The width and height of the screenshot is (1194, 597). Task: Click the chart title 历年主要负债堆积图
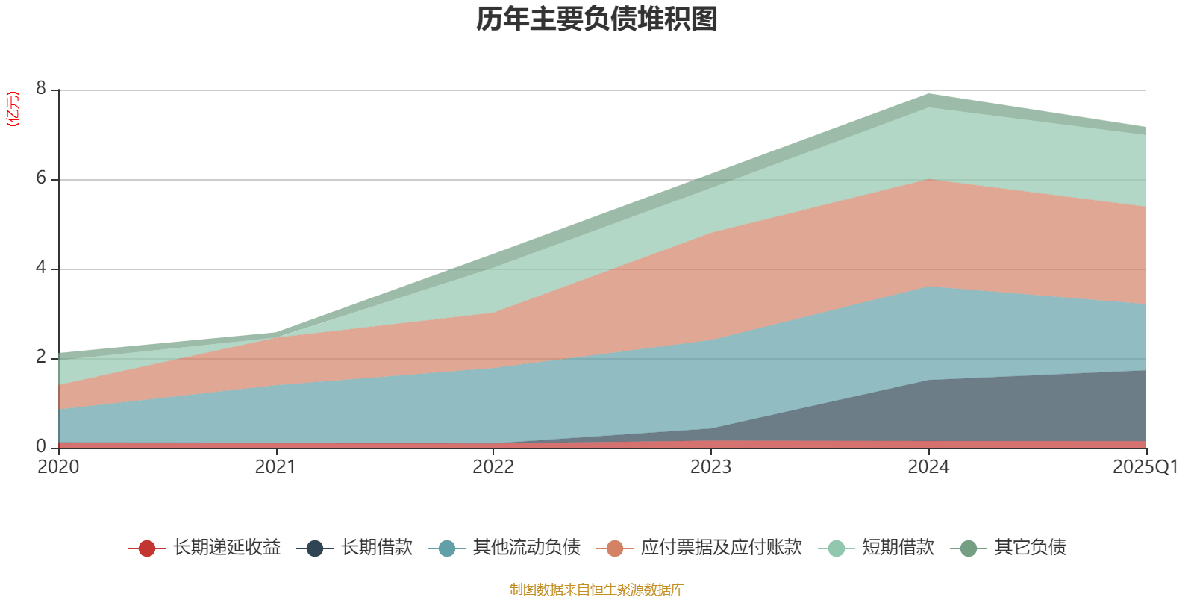pos(597,19)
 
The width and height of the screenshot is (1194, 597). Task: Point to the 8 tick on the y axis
pos(41,89)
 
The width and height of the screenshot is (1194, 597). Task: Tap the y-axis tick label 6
pos(41,178)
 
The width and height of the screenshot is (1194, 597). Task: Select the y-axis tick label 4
pos(41,268)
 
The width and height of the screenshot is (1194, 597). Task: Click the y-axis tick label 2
pos(41,357)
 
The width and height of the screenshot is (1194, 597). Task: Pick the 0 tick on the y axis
pos(41,446)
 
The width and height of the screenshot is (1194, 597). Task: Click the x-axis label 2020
pos(58,467)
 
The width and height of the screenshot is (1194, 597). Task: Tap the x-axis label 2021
pos(275,467)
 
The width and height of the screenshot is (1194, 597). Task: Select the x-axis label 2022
pos(493,467)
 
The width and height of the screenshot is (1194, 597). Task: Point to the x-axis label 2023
pos(710,467)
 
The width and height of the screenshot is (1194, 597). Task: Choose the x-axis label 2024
pos(928,467)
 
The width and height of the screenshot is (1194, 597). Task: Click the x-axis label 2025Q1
pos(1145,467)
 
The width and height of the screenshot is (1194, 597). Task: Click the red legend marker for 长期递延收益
pos(147,548)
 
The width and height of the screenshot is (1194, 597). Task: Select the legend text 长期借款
pos(377,548)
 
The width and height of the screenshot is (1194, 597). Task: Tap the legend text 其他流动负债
pos(527,548)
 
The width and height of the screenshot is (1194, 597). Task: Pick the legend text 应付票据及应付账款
pos(721,548)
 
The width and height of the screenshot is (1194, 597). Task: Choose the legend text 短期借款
pos(898,548)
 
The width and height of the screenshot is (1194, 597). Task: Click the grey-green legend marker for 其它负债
pos(969,548)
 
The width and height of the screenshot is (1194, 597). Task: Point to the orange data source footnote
pos(597,590)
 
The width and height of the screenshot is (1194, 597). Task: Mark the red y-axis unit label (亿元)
pos(13,109)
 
